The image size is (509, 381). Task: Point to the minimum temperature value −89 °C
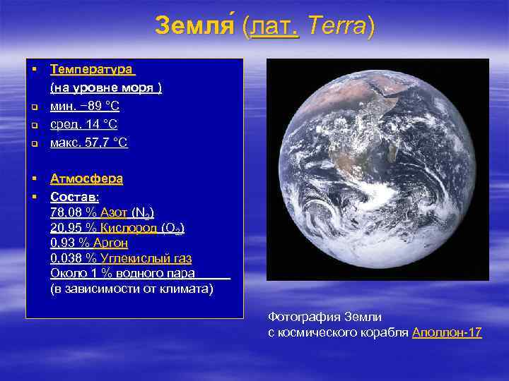(99, 106)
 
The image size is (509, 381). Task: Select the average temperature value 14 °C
(100, 124)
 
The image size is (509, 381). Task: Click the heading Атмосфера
(86, 179)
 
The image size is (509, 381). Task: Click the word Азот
(114, 212)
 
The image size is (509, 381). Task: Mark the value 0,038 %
(74, 259)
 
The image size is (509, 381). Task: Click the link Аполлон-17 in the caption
(447, 332)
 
